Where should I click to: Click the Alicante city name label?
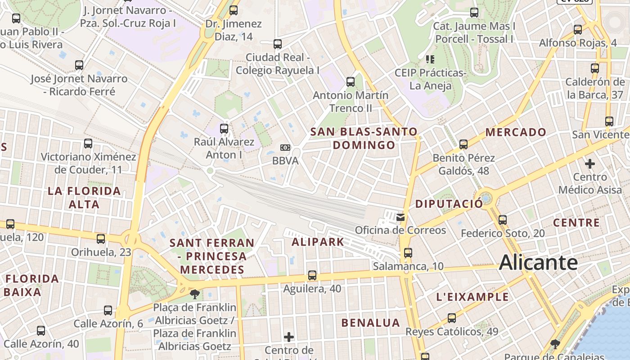pos(538,262)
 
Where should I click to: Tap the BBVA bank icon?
pos(285,148)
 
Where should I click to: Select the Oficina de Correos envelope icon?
pos(400,218)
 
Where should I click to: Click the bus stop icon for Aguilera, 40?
pos(312,275)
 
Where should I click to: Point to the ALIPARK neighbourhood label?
pos(318,242)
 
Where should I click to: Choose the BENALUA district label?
pos(370,323)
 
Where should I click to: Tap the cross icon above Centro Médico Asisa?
pos(589,164)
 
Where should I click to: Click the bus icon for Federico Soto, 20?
pos(503,220)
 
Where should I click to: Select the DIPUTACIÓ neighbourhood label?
pos(449,203)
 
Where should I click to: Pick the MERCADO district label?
pos(516,132)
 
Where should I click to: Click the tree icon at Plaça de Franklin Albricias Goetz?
pos(195,295)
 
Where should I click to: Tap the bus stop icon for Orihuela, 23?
pos(101,239)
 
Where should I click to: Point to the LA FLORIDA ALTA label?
pos(84,198)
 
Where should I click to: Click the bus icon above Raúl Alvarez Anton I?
pos(224,129)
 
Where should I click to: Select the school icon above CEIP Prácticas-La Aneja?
pos(430,59)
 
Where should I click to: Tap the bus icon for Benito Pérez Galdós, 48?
pos(463,145)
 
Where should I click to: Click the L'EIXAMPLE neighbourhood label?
pos(472,297)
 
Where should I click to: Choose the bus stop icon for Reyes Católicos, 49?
pos(451,318)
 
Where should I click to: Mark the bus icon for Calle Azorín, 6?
pos(108,310)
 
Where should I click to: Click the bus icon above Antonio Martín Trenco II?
pos(351,82)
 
